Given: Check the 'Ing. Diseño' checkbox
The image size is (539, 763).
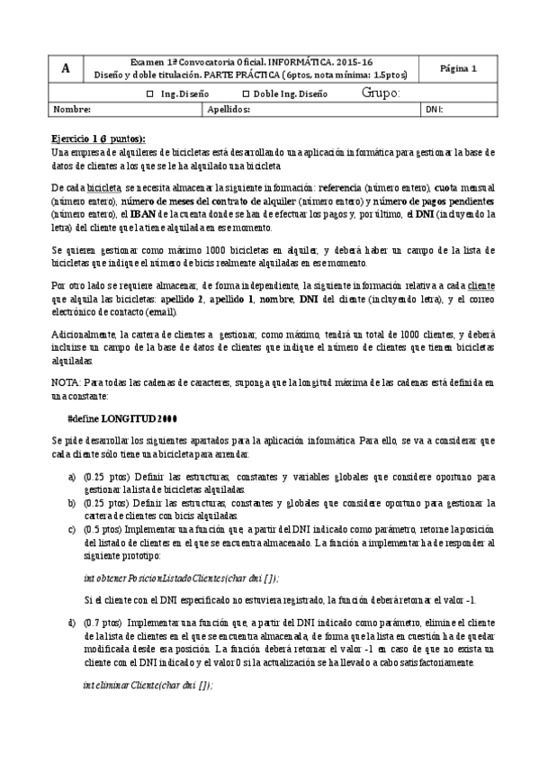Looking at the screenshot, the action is pyautogui.click(x=150, y=94).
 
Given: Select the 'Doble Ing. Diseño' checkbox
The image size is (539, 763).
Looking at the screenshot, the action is pyautogui.click(x=247, y=94).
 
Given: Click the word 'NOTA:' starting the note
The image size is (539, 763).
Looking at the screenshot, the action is pyautogui.click(x=67, y=382).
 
